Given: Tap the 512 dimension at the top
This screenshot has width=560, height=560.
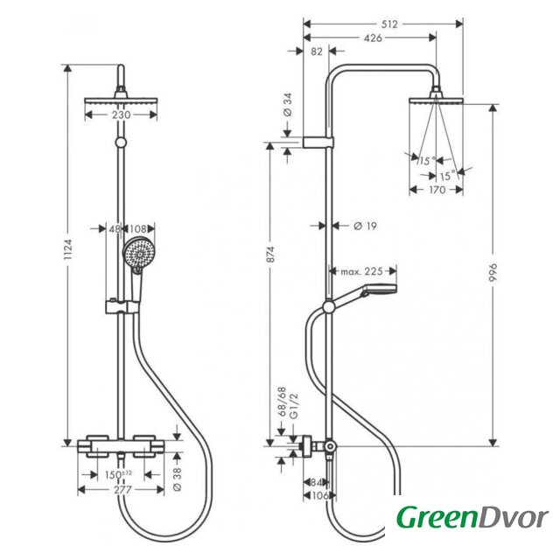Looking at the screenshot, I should (x=389, y=24).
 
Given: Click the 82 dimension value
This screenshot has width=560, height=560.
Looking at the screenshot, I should (x=317, y=52).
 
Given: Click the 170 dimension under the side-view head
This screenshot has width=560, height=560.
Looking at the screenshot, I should (x=433, y=188).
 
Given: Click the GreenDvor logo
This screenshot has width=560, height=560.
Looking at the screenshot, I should (x=472, y=519).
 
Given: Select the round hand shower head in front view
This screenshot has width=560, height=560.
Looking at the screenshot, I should (x=136, y=253).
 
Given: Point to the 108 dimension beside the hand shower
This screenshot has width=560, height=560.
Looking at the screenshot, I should (x=136, y=229).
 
